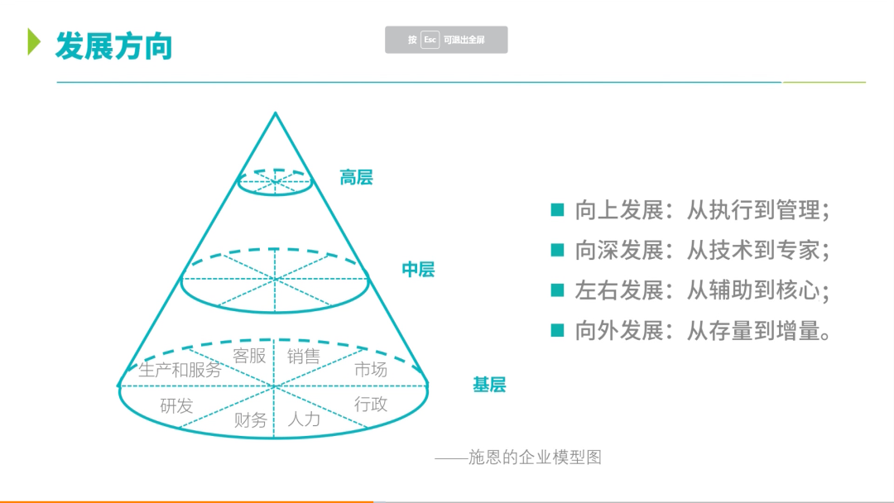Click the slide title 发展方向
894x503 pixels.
pyautogui.click(x=114, y=46)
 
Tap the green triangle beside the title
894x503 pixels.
pyautogui.click(x=34, y=41)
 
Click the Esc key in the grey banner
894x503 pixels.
pyautogui.click(x=430, y=40)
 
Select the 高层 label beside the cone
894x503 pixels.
pyautogui.click(x=356, y=177)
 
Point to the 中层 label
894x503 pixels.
pyautogui.click(x=418, y=269)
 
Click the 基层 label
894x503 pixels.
pyautogui.click(x=489, y=385)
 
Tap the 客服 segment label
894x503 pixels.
pyautogui.click(x=249, y=356)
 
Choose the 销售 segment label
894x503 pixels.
pyautogui.click(x=303, y=356)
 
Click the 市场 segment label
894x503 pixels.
pyautogui.click(x=371, y=369)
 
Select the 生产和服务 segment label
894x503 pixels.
pyautogui.click(x=180, y=370)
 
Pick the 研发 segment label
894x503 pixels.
pyautogui.click(x=177, y=405)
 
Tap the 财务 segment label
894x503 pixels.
pyautogui.click(x=250, y=419)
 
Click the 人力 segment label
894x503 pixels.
pyautogui.click(x=304, y=419)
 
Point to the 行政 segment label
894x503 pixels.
pyautogui.click(x=371, y=404)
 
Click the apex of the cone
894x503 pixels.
pyautogui.click(x=276, y=113)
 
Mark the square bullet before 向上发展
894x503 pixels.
pyautogui.click(x=558, y=209)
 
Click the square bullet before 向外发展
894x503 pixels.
pyautogui.click(x=558, y=330)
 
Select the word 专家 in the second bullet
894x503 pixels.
pyautogui.click(x=798, y=250)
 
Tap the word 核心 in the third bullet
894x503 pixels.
pyautogui.click(x=798, y=290)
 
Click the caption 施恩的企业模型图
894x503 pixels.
pyautogui.click(x=535, y=457)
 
